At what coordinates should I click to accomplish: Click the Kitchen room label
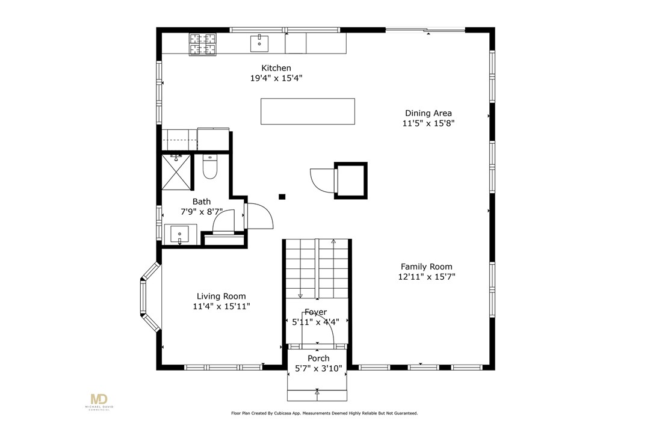point(276,68)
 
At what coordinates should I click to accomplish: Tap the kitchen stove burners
point(203,44)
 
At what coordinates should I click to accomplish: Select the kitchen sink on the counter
point(259,44)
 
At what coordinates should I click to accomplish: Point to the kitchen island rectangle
point(308,111)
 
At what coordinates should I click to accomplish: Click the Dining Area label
point(428,113)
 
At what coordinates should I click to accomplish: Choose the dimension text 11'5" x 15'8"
point(428,123)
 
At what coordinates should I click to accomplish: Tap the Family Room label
point(427,267)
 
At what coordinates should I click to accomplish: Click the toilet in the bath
point(209,167)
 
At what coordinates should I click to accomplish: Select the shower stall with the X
point(176,172)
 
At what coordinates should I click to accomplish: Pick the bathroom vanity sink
point(181,235)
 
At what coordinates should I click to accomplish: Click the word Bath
point(202,202)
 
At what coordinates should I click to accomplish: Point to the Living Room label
point(221,297)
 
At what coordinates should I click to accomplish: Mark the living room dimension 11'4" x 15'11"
point(221,307)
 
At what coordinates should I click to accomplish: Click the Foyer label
point(316,312)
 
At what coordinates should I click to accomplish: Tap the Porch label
point(318,358)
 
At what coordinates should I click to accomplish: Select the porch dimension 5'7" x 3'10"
point(318,368)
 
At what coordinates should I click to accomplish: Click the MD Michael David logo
point(99,401)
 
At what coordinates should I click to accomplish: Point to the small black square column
point(282,197)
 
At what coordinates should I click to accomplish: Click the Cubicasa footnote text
point(324,413)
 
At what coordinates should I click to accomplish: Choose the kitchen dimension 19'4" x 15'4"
point(276,78)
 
